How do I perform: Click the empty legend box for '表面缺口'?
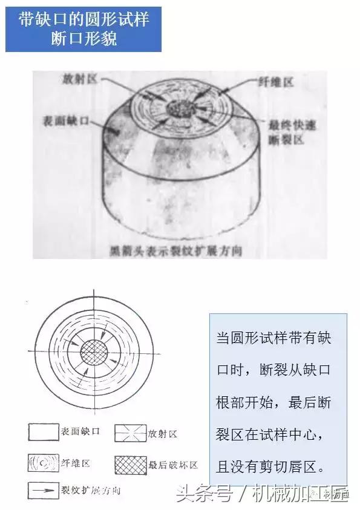coord(41,432)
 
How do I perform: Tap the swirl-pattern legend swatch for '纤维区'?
coord(41,463)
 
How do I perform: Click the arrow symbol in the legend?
coord(41,489)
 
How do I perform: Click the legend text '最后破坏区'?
coord(173,465)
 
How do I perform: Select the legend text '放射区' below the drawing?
coord(163,433)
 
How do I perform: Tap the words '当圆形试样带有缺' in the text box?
coord(273,338)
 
